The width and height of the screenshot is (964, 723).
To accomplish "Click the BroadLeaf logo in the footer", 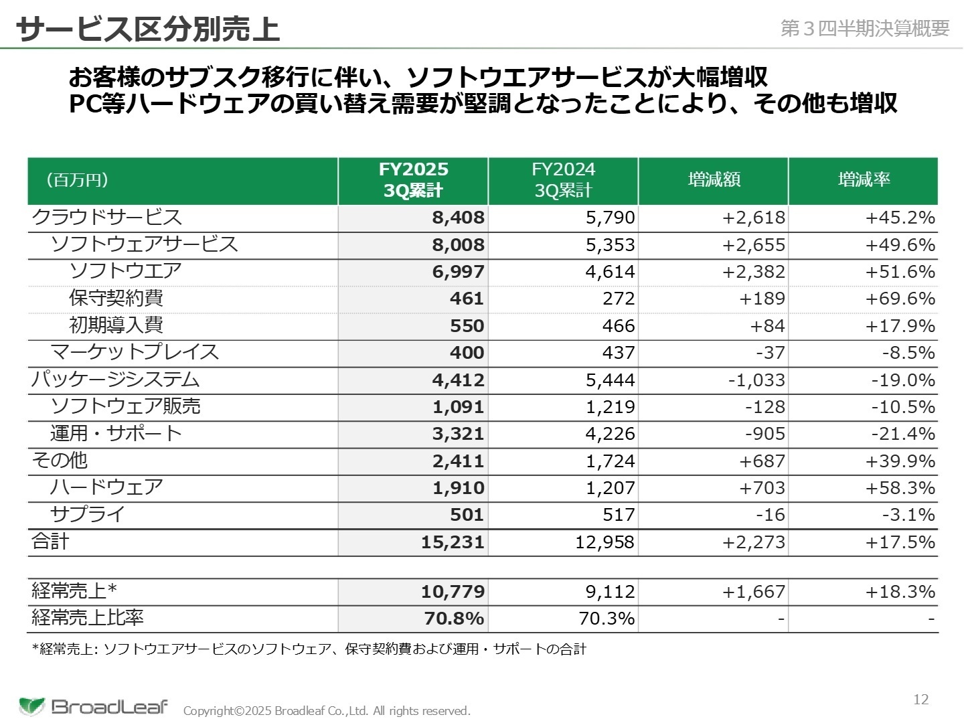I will [94, 706].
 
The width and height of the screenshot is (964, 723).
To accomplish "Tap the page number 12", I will [921, 700].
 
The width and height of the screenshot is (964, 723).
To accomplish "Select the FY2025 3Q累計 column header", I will [413, 180].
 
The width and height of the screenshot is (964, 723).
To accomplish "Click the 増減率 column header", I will [864, 179].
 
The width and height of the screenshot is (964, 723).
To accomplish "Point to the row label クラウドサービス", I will [107, 218].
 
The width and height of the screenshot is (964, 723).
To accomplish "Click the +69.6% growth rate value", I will [900, 299].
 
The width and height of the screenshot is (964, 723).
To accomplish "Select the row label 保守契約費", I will [116, 299].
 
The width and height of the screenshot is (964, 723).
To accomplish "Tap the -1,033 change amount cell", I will [756, 380].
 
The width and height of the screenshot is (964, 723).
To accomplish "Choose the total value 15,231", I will [453, 542].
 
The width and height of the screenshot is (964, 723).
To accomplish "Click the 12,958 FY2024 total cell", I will [605, 542].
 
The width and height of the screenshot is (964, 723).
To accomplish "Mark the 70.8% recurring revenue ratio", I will [454, 619].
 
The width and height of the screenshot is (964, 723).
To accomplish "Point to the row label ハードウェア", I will [106, 487].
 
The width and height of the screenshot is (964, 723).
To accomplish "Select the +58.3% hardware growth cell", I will [900, 488].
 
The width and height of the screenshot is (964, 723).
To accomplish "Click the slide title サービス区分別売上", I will [147, 29].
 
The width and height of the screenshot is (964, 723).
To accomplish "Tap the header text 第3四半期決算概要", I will [865, 28].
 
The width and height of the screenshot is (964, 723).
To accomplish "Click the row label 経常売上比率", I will [88, 618].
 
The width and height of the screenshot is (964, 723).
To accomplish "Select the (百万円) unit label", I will [77, 179].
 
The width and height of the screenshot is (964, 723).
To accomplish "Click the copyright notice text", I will [327, 711].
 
